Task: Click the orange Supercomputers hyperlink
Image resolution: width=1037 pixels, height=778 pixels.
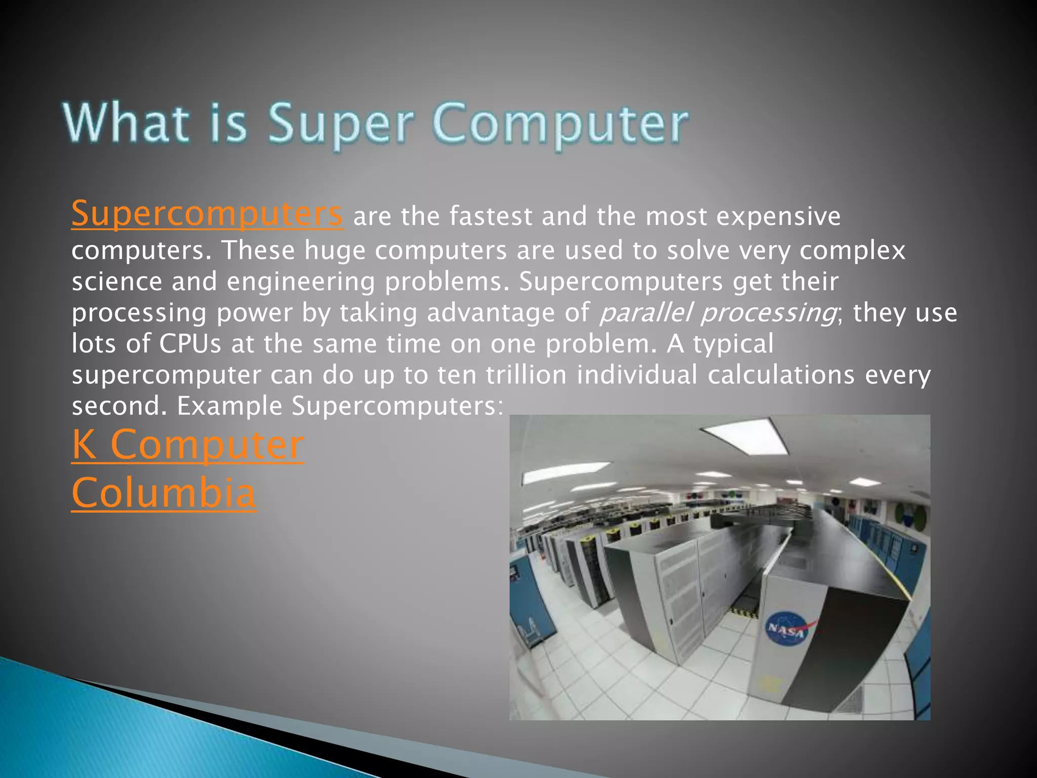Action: (207, 215)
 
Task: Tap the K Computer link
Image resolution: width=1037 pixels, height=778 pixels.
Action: (187, 445)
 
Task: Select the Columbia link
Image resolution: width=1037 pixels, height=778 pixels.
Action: (164, 493)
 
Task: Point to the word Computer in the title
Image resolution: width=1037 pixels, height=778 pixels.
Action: (560, 124)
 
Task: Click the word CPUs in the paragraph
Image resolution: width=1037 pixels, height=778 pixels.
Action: (190, 344)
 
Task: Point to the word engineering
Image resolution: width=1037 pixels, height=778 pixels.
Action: (301, 282)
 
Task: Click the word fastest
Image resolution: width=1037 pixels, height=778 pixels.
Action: (491, 216)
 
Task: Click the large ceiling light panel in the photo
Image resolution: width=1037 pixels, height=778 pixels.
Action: (746, 435)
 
